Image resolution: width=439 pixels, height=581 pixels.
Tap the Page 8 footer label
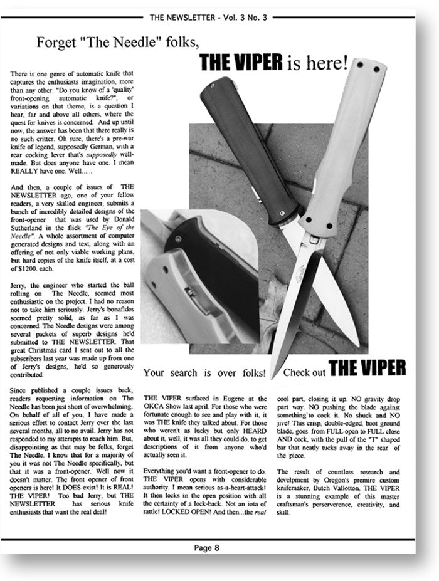tap(207, 547)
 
